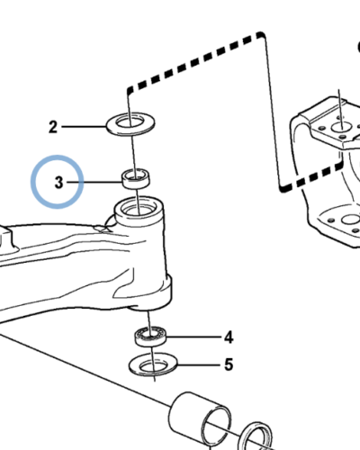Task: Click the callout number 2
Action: click(x=53, y=127)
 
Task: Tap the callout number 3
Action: click(x=59, y=183)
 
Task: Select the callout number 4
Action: click(x=229, y=337)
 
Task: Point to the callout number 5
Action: click(x=229, y=364)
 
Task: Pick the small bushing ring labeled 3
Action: click(x=136, y=179)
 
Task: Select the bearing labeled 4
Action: click(x=150, y=337)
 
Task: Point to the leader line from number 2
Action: click(x=84, y=127)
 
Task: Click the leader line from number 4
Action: click(x=194, y=337)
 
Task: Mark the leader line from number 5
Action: click(x=200, y=364)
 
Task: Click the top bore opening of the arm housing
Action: click(x=139, y=208)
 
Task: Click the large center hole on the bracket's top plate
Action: click(x=341, y=127)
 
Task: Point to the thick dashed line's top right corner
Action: click(x=262, y=34)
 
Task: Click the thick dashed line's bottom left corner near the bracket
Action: click(x=282, y=188)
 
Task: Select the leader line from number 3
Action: click(x=94, y=182)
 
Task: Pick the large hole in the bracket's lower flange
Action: click(x=351, y=220)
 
